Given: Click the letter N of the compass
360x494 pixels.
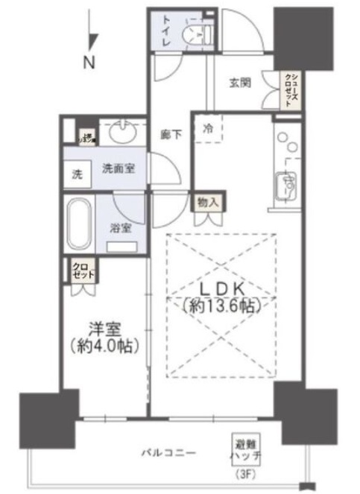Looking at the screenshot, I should click(89, 64).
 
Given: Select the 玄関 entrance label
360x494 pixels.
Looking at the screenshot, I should click(241, 83).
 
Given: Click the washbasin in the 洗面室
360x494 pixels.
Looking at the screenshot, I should click(120, 133).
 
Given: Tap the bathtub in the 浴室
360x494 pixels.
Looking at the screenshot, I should click(78, 225).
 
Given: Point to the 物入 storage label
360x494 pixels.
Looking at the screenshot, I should click(207, 201).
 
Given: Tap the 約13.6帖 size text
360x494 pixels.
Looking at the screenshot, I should click(221, 305).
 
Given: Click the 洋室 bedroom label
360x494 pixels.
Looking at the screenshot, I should click(104, 329).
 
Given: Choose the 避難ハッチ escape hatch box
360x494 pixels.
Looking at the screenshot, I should click(242, 447).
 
